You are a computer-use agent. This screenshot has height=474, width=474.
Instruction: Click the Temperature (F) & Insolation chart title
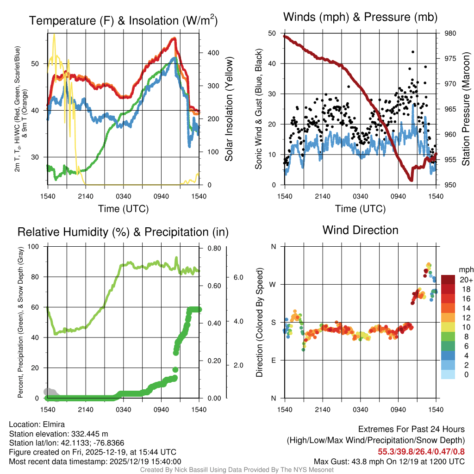point(123,20)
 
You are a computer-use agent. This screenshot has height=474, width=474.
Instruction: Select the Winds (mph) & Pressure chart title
point(360,17)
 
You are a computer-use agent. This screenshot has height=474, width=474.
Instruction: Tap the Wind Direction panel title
point(360,230)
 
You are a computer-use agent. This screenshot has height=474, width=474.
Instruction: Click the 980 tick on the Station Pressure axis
point(449,33)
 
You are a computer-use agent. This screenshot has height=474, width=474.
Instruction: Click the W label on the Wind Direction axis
point(274,284)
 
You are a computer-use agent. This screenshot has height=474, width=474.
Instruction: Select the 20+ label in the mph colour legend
point(466,280)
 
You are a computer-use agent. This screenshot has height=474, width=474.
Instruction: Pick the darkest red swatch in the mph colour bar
point(448,280)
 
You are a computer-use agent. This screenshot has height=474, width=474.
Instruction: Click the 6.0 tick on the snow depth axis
point(239,277)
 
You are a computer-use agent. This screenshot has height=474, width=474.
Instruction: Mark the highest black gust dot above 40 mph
point(412,52)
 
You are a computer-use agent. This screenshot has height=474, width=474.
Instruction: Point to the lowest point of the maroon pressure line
point(411,180)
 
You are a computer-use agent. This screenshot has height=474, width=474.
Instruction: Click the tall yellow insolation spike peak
point(54,35)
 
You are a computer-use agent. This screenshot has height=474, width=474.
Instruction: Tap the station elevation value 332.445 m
point(89,434)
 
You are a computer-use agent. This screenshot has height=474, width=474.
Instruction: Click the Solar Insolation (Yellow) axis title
point(228,109)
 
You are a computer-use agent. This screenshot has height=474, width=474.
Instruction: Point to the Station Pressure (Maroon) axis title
point(466,109)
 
